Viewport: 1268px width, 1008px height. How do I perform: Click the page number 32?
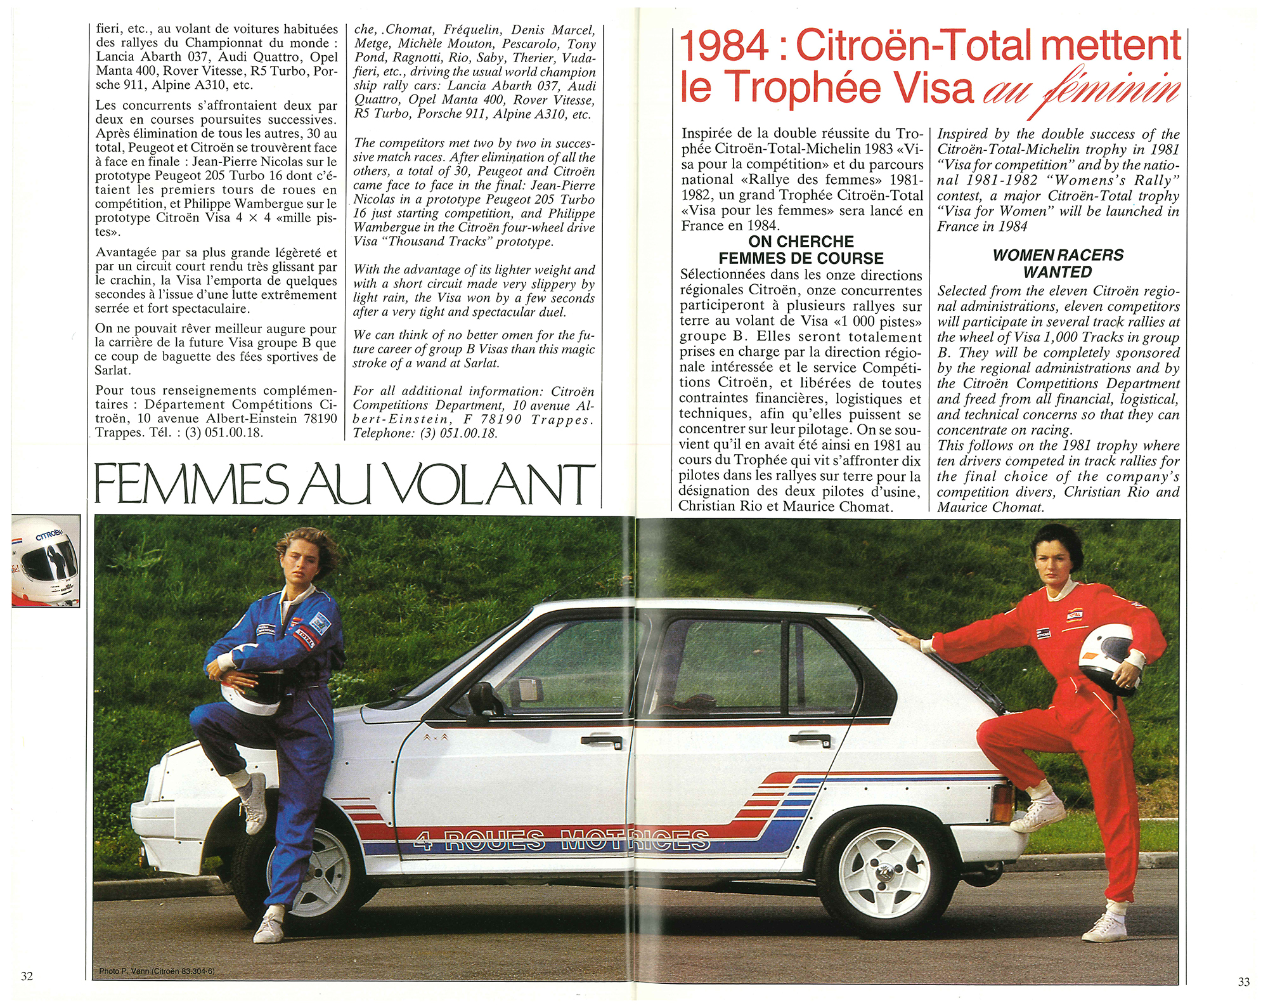27,976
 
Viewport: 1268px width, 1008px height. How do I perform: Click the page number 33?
1244,982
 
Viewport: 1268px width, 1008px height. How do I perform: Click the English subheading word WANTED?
1058,272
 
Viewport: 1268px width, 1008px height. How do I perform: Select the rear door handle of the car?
810,738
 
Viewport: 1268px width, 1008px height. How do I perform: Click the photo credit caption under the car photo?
157,971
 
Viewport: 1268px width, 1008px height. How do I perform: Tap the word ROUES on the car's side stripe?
495,841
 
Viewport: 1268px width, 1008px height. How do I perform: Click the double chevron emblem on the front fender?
437,736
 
